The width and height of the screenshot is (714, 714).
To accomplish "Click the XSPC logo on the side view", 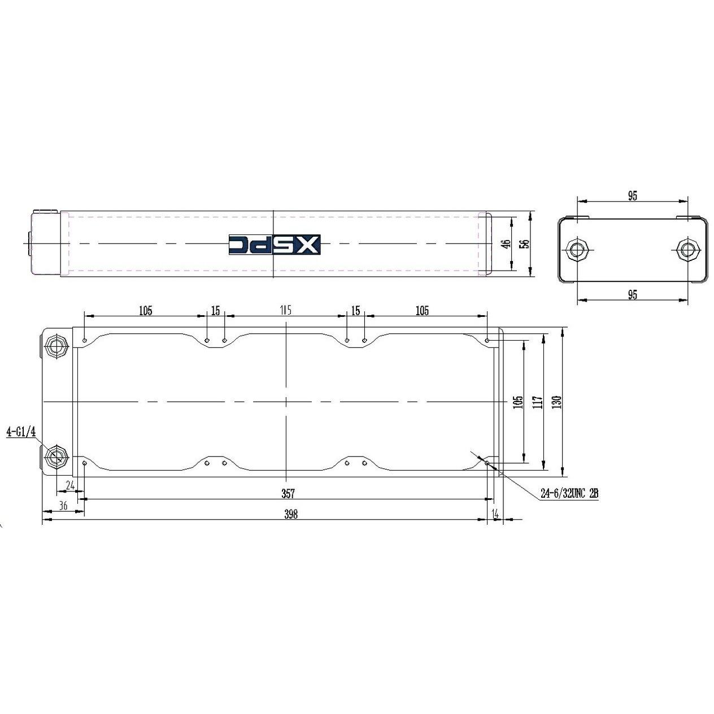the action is [274, 245].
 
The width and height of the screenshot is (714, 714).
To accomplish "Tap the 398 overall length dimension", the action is [291, 514].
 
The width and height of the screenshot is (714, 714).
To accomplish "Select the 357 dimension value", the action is [288, 494].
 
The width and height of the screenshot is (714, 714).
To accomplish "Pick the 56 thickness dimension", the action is [525, 244].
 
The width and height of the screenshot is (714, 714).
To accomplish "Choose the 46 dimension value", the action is [507, 244].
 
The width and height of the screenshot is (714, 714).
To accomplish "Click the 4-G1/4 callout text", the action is [21, 432].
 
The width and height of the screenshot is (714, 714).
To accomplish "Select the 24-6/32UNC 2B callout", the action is [569, 493].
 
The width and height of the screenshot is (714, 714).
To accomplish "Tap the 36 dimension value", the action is [63, 506].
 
